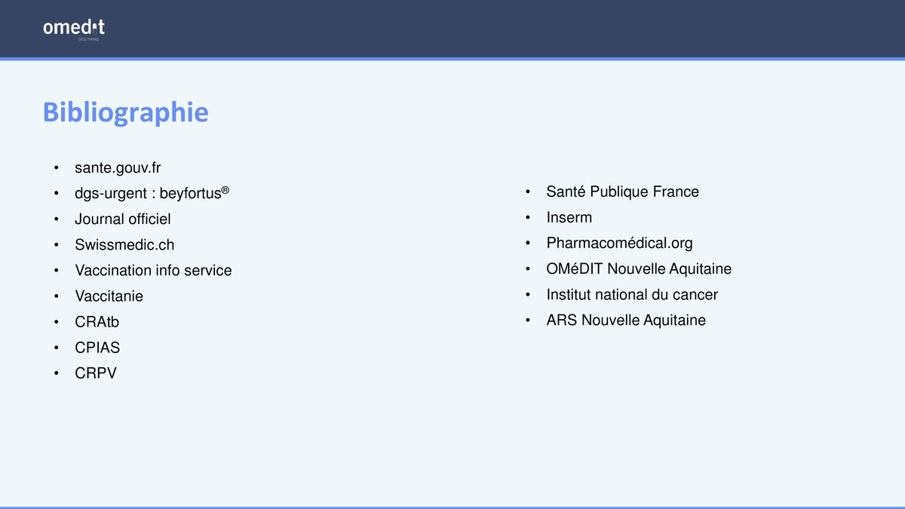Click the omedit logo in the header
pyautogui.click(x=74, y=29)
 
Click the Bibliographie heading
pyautogui.click(x=126, y=112)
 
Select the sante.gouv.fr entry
pyautogui.click(x=118, y=167)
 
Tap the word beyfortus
pyautogui.click(x=190, y=194)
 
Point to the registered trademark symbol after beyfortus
pyautogui.click(x=225, y=190)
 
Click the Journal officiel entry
pyautogui.click(x=123, y=219)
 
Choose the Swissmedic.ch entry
pyautogui.click(x=124, y=245)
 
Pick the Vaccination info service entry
pyautogui.click(x=154, y=270)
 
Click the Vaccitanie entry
pyautogui.click(x=109, y=296)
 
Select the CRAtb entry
pyautogui.click(x=97, y=322)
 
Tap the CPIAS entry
pyautogui.click(x=97, y=348)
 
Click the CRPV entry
pyautogui.click(x=96, y=373)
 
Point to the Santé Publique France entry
pyautogui.click(x=623, y=192)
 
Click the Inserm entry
pyautogui.click(x=569, y=217)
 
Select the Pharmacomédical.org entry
pyautogui.click(x=620, y=243)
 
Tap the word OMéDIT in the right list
pyautogui.click(x=575, y=268)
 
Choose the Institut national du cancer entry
pyautogui.click(x=632, y=295)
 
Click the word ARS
pyautogui.click(x=562, y=320)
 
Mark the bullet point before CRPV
pyautogui.click(x=56, y=373)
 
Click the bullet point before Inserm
pyautogui.click(x=528, y=217)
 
